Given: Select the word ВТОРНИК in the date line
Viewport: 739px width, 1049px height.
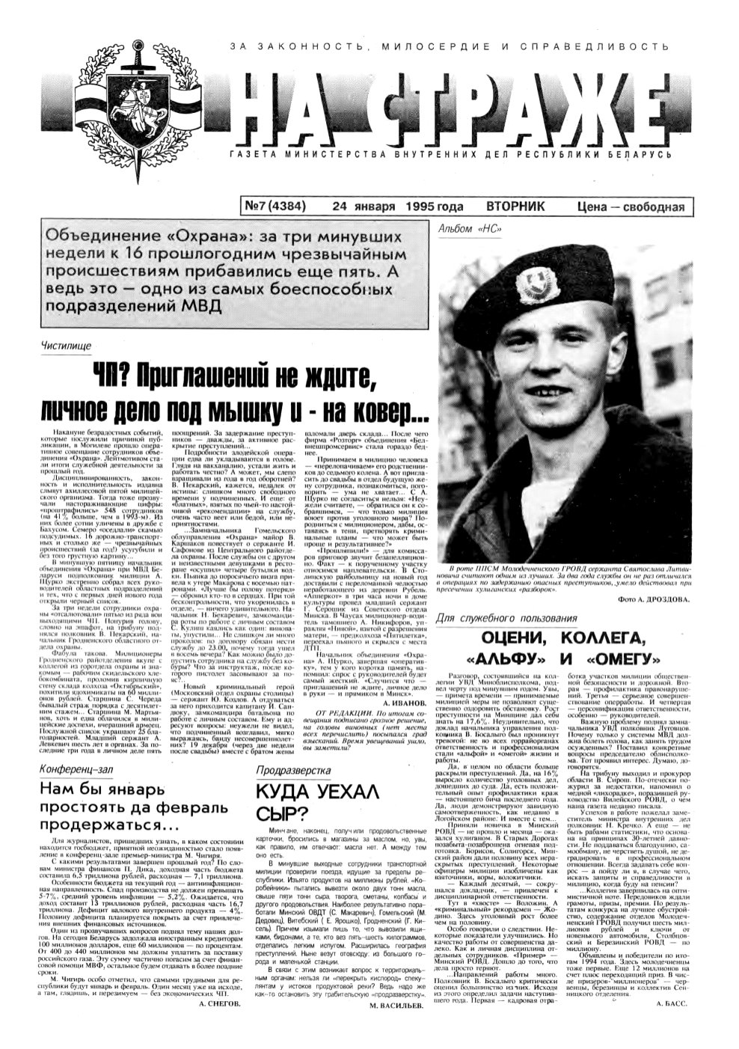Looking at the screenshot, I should pos(515,207).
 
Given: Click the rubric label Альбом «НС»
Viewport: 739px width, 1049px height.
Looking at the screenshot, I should pos(464,228).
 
